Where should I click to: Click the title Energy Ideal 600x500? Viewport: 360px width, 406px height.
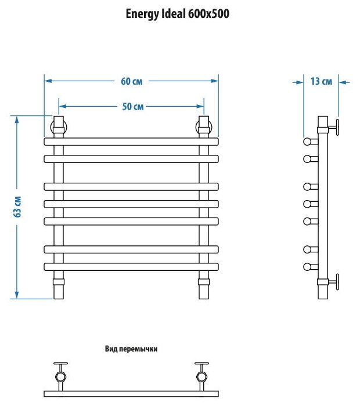coord(177,14)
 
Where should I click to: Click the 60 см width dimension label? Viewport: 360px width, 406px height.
coord(132,81)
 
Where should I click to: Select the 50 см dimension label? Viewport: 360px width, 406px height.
coord(132,106)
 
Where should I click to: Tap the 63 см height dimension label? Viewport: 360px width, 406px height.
coord(18,207)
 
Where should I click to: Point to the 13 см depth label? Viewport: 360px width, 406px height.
coord(321,82)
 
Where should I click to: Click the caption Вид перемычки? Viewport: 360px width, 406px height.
coord(131,349)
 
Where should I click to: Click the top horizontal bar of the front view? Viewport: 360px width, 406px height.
coord(131,141)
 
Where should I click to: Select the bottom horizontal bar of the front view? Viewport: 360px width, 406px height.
coord(131,266)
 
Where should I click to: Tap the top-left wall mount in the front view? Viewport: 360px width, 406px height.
coord(59,126)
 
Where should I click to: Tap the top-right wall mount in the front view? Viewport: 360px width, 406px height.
coord(204,126)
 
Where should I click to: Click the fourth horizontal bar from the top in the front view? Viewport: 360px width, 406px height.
coord(131,204)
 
